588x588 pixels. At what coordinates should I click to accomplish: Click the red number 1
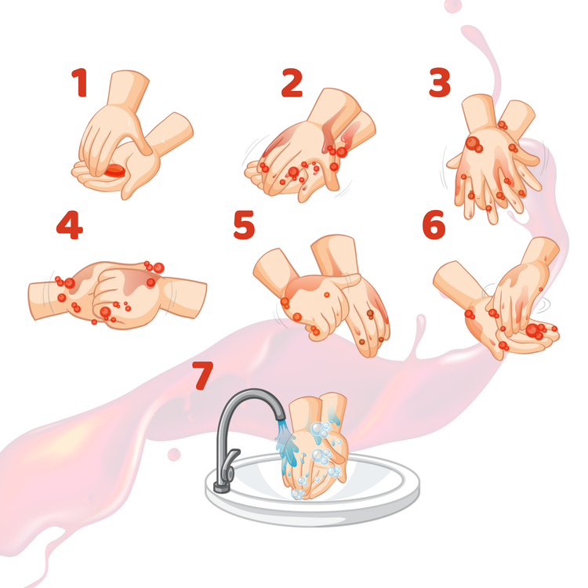(x=80, y=82)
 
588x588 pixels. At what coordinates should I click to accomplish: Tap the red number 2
(x=292, y=83)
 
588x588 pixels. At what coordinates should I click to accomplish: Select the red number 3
(x=440, y=82)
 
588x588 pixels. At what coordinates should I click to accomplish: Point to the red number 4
(x=69, y=225)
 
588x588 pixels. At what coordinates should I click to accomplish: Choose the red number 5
(x=244, y=225)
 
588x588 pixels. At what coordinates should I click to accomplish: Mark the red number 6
(x=434, y=225)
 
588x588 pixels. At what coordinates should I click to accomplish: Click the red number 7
(x=203, y=376)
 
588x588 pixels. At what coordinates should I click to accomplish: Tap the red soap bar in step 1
(x=115, y=171)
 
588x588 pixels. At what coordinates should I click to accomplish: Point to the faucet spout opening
(x=280, y=417)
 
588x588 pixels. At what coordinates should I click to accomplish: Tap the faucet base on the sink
(x=222, y=488)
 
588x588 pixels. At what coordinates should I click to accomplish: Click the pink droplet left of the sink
(x=174, y=455)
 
